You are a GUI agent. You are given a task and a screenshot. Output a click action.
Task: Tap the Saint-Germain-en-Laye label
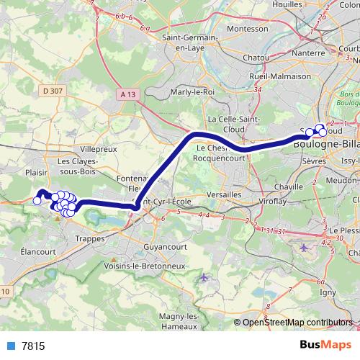(x=189, y=43)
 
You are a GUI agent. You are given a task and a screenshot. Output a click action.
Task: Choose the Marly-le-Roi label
(x=192, y=92)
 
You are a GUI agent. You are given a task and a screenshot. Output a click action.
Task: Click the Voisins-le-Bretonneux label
(x=156, y=265)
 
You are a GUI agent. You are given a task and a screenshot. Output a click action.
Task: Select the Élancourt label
(x=38, y=252)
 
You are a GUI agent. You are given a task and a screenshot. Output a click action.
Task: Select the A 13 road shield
(x=128, y=94)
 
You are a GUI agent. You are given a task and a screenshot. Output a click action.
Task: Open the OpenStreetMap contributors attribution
(x=297, y=322)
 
